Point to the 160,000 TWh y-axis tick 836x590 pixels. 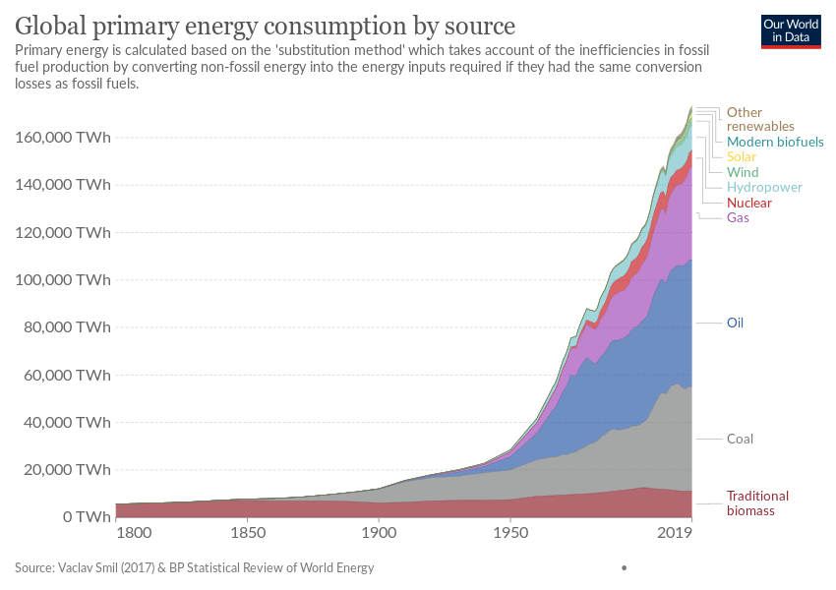tap(62, 138)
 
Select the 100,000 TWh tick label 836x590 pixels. tap(62, 280)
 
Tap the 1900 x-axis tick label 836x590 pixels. tap(379, 534)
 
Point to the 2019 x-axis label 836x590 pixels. tap(675, 534)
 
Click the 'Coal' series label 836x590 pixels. tap(740, 439)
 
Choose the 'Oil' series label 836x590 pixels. tap(735, 323)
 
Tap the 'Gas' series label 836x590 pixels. tap(738, 217)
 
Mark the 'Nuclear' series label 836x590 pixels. tap(748, 203)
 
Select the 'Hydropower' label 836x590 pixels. tap(764, 187)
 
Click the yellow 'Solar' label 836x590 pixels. tap(741, 157)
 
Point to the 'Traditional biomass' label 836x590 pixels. tap(757, 503)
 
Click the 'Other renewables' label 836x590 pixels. tap(759, 119)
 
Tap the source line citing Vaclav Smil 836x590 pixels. tap(194, 567)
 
